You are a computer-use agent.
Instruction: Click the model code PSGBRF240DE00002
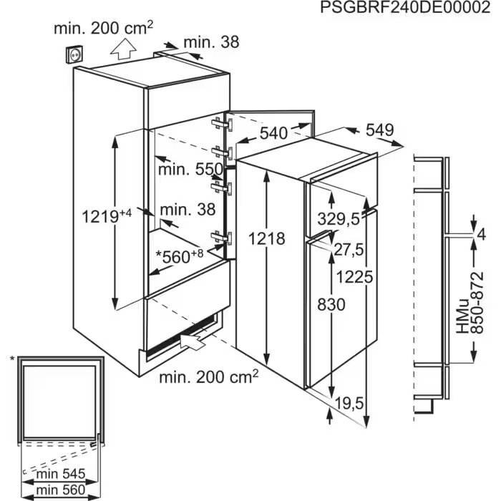[x=405, y=8]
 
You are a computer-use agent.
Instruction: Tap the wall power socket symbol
[x=74, y=55]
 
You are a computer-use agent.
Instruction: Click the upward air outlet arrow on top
[x=123, y=49]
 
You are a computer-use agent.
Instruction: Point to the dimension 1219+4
[x=107, y=217]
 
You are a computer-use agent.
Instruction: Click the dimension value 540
[x=273, y=133]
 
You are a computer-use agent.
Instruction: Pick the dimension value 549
[x=379, y=130]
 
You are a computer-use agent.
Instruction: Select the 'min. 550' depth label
[x=190, y=169]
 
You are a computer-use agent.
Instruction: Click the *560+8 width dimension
[x=179, y=257]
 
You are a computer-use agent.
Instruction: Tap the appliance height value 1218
[x=266, y=238]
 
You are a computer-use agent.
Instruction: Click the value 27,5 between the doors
[x=349, y=250]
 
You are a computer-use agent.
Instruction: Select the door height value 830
[x=331, y=304]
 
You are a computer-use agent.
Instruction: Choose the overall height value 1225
[x=355, y=277]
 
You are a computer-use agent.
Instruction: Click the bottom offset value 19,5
[x=349, y=404]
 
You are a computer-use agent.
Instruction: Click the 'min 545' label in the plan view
[x=61, y=474]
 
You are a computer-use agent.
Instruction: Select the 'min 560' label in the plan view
[x=61, y=490]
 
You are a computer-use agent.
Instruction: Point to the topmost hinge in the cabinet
[x=223, y=123]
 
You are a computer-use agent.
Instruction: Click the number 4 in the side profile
[x=480, y=235]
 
